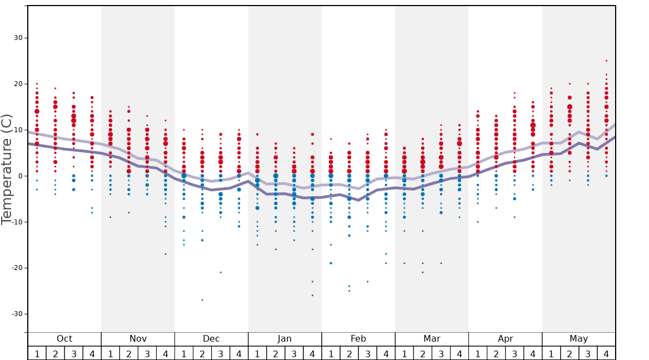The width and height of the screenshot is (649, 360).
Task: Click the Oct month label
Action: tap(64, 339)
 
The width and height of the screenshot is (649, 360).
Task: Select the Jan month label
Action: tap(284, 339)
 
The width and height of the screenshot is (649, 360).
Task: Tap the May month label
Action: tap(578, 339)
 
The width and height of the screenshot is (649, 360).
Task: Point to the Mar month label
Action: tap(432, 339)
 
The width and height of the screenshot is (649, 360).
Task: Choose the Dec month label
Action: tap(211, 339)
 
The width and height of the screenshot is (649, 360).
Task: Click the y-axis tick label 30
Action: tap(17, 38)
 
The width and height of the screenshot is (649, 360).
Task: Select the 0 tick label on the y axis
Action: tap(19, 176)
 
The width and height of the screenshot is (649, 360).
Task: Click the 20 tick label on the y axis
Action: tap(17, 84)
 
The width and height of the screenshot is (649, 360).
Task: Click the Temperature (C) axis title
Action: tap(7, 169)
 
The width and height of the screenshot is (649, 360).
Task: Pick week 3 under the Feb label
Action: tap(367, 354)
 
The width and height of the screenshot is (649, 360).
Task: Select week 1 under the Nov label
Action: tap(111, 354)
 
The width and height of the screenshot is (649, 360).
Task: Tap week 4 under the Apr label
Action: tap(533, 354)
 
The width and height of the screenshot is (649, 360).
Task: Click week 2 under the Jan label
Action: tap(276, 354)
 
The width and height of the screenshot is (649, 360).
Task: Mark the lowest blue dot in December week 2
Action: tap(202, 300)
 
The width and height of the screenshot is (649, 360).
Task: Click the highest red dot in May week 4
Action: tap(606, 61)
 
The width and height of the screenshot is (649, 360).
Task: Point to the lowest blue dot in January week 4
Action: tap(312, 296)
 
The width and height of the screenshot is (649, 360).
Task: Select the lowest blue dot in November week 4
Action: tap(166, 254)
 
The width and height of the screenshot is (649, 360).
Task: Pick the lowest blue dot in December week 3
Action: tap(221, 272)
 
